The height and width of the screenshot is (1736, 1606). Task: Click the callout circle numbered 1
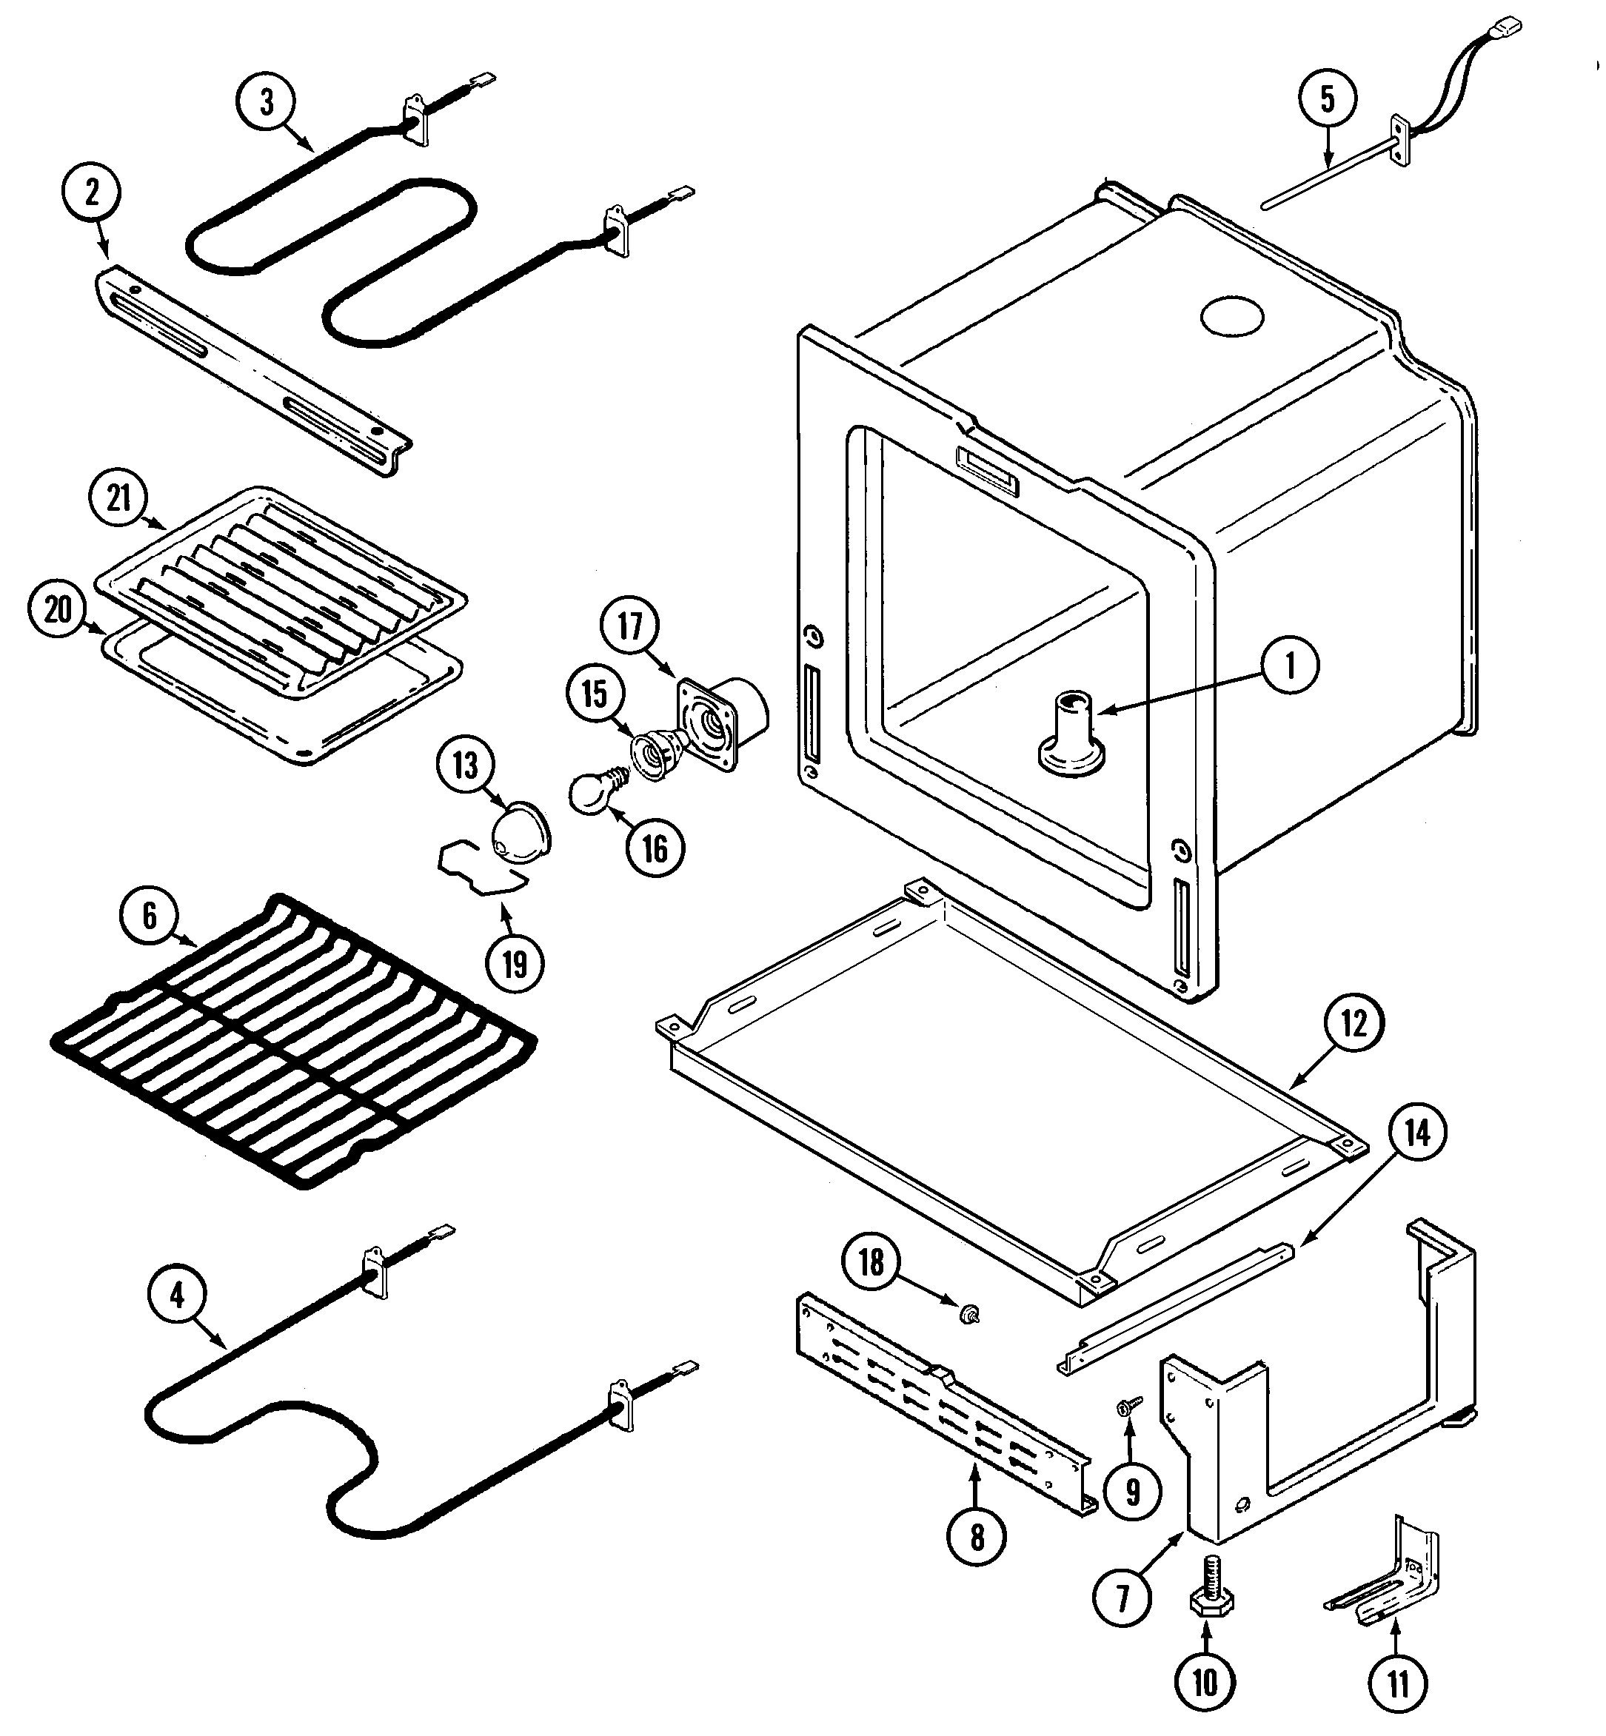point(1290,666)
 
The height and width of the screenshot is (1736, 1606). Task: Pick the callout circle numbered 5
point(1327,99)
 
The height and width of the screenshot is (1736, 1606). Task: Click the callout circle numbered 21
point(119,498)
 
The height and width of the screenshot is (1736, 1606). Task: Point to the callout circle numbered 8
point(977,1537)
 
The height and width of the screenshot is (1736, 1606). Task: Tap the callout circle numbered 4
point(177,1296)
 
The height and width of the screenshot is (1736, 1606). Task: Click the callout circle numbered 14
point(1416,1132)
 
